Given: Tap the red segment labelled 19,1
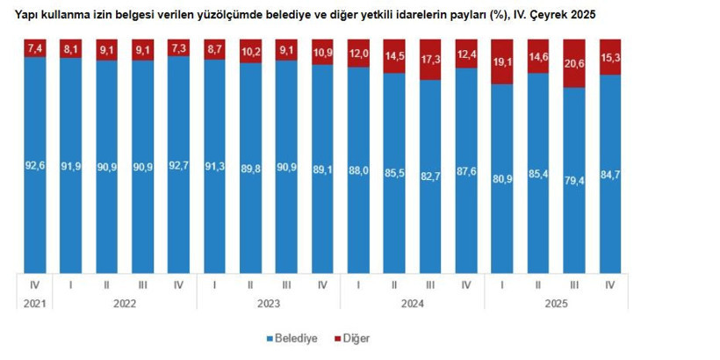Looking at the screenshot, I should tap(503, 62).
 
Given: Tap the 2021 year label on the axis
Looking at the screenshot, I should tap(36, 304).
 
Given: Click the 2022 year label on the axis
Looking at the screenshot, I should tap(125, 304).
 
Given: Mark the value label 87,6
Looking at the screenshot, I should tap(466, 174).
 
